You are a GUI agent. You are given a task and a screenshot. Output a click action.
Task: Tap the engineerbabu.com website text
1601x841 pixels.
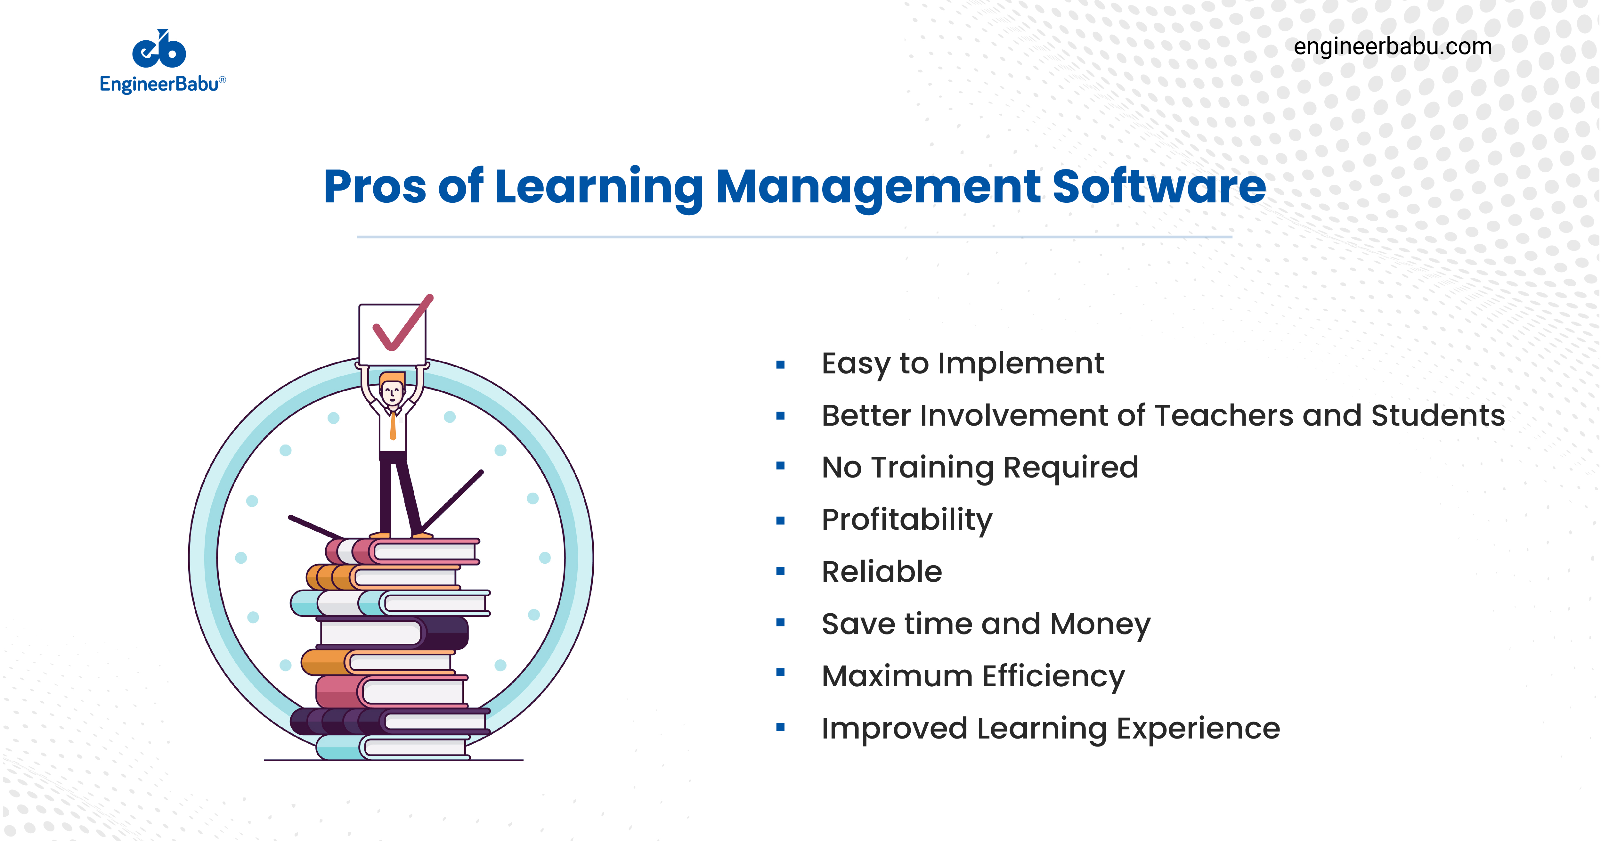pos(1392,47)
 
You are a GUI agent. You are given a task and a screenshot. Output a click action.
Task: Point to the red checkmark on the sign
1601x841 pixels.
pos(401,326)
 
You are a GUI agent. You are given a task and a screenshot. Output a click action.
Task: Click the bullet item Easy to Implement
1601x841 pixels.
pos(962,363)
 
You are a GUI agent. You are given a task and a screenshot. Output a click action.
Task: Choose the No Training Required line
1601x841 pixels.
pos(979,468)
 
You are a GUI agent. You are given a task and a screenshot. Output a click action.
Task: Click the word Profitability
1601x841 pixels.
pos(907,520)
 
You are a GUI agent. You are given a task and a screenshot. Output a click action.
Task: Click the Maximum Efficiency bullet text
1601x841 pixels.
pos(973,676)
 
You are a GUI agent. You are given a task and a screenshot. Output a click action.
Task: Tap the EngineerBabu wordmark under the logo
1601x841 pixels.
pos(159,84)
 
